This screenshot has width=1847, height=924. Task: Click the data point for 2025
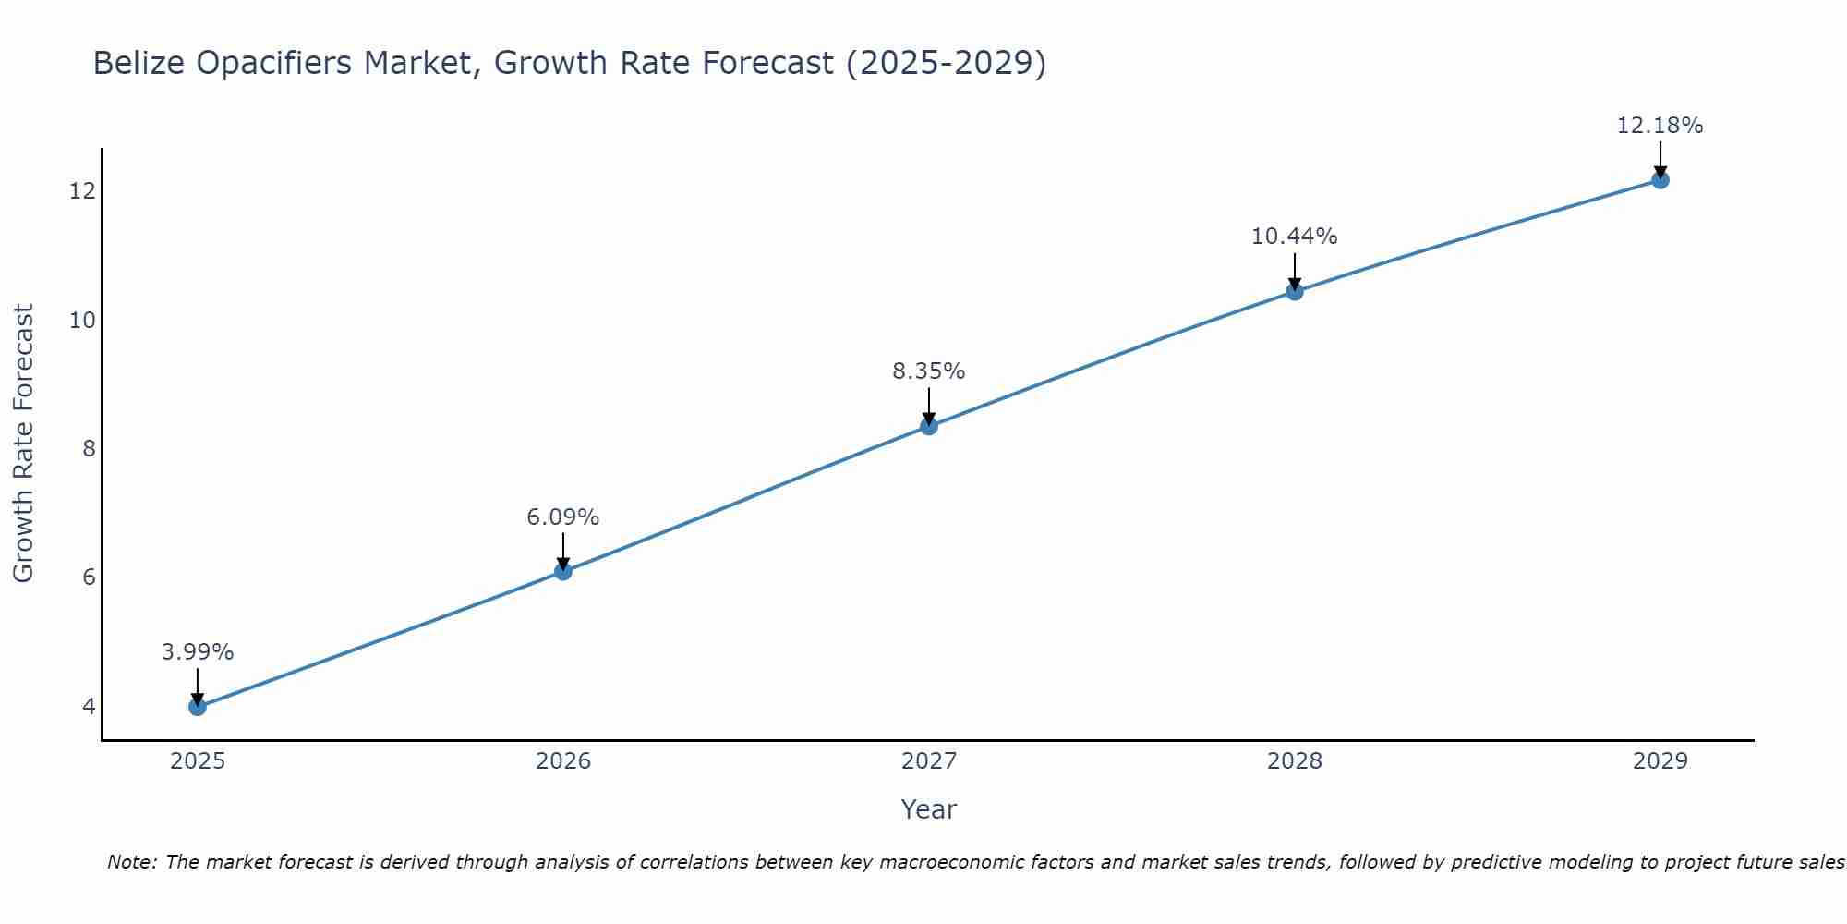pos(198,707)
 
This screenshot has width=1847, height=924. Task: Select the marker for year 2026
pos(563,571)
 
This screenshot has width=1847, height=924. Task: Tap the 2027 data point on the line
pos(929,426)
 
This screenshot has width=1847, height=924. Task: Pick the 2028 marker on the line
pos(1295,292)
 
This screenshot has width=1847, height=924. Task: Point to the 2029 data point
pos(1660,180)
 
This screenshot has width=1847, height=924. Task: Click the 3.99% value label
pos(198,652)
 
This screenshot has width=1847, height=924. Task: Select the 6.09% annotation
pos(563,517)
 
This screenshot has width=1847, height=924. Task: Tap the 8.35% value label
pos(929,371)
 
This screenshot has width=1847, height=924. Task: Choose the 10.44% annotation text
pos(1295,237)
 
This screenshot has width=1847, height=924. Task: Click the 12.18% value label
pos(1660,126)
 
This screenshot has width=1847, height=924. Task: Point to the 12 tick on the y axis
pos(82,191)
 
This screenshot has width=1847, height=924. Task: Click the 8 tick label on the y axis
pos(89,449)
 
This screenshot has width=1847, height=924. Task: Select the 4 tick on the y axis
pos(89,707)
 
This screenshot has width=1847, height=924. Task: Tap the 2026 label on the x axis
pos(563,761)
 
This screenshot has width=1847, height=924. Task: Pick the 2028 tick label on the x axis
pos(1295,761)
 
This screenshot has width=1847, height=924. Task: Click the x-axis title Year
pos(929,809)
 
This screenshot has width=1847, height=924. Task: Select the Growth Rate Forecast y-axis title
pos(24,444)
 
